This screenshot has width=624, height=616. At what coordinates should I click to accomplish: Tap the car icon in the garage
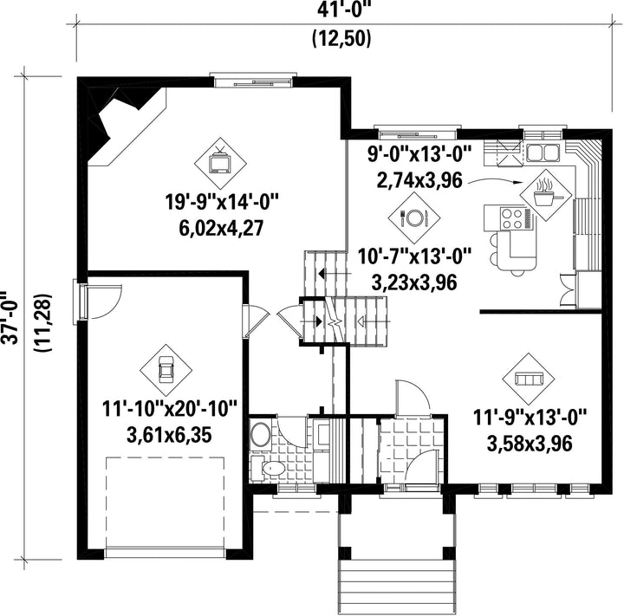[x=166, y=370]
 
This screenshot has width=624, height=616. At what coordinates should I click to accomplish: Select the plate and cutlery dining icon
[x=414, y=217]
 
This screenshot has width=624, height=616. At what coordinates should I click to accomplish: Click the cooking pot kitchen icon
[x=546, y=195]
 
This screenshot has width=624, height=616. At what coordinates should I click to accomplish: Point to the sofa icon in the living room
[x=529, y=379]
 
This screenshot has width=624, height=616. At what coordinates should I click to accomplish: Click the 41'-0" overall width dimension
[x=344, y=10]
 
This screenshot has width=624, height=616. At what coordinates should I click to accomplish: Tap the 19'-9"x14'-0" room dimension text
[x=221, y=203]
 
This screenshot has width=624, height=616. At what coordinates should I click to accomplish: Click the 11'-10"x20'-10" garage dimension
[x=170, y=409]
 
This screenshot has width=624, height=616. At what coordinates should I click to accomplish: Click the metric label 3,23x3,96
[x=414, y=282]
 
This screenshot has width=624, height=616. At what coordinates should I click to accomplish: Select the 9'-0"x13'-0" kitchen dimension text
[x=419, y=154]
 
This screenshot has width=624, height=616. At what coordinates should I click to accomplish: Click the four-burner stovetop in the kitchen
[x=512, y=218]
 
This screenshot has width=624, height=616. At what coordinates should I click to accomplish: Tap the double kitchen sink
[x=543, y=152]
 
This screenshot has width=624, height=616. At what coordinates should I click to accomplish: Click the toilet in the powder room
[x=270, y=469]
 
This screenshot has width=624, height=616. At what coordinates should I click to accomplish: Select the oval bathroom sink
[x=261, y=435]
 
